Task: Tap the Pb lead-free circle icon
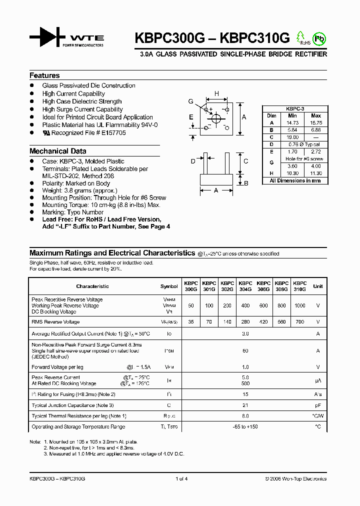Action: click(x=318, y=38)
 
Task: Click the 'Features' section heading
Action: click(x=44, y=75)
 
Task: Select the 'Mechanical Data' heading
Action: click(x=57, y=151)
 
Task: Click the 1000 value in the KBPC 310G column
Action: click(x=300, y=305)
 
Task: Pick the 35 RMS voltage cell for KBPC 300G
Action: click(x=190, y=322)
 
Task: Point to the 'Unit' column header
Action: click(x=318, y=286)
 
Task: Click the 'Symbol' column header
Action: click(x=169, y=286)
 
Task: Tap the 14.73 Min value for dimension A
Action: click(x=292, y=122)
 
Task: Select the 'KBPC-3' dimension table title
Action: click(x=295, y=108)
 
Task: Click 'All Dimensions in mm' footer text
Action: click(x=295, y=180)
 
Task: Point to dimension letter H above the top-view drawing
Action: click(x=216, y=93)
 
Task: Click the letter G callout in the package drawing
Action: click(x=190, y=101)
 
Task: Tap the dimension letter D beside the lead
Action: click(x=193, y=161)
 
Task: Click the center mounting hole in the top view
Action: click(x=216, y=119)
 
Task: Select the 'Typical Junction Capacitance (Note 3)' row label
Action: click(x=72, y=405)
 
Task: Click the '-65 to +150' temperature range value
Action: click(x=245, y=427)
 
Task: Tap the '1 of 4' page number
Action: click(x=181, y=479)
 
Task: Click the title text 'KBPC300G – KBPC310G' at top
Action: click(x=205, y=38)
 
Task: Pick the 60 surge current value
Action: click(x=245, y=351)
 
